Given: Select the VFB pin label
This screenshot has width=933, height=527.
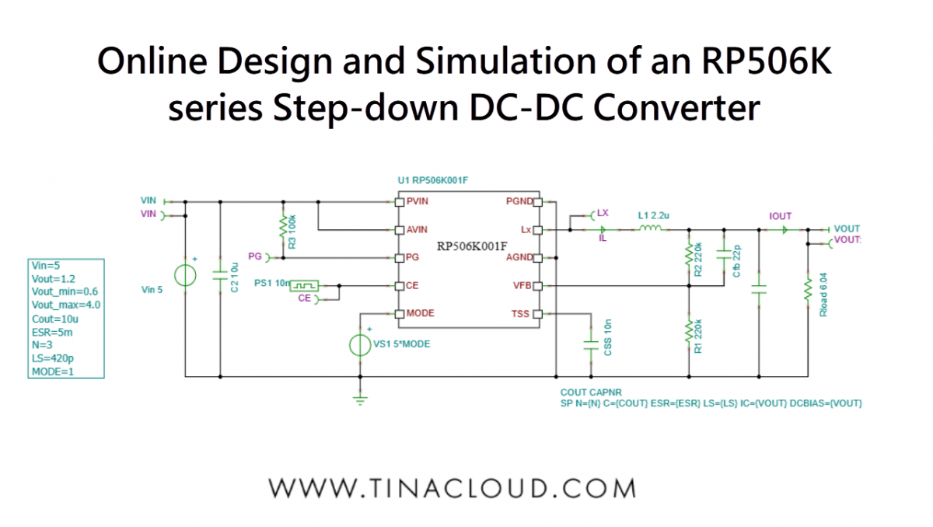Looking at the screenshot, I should [x=522, y=286].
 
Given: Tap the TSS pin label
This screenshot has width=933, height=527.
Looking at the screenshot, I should [x=522, y=314].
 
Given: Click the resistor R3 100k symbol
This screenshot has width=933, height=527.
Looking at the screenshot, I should [x=282, y=230].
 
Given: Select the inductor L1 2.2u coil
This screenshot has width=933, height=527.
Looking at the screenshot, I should [x=649, y=229].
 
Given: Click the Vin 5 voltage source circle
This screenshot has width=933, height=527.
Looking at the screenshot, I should [x=185, y=276].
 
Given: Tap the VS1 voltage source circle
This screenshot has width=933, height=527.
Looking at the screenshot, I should [x=360, y=344].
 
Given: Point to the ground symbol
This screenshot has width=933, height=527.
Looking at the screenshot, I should [x=360, y=400].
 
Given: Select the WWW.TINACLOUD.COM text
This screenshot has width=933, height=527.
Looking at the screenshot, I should [x=453, y=488].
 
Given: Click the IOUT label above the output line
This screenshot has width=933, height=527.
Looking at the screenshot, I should [x=780, y=216].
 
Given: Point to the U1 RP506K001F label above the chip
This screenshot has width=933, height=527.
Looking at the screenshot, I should [x=432, y=180].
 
